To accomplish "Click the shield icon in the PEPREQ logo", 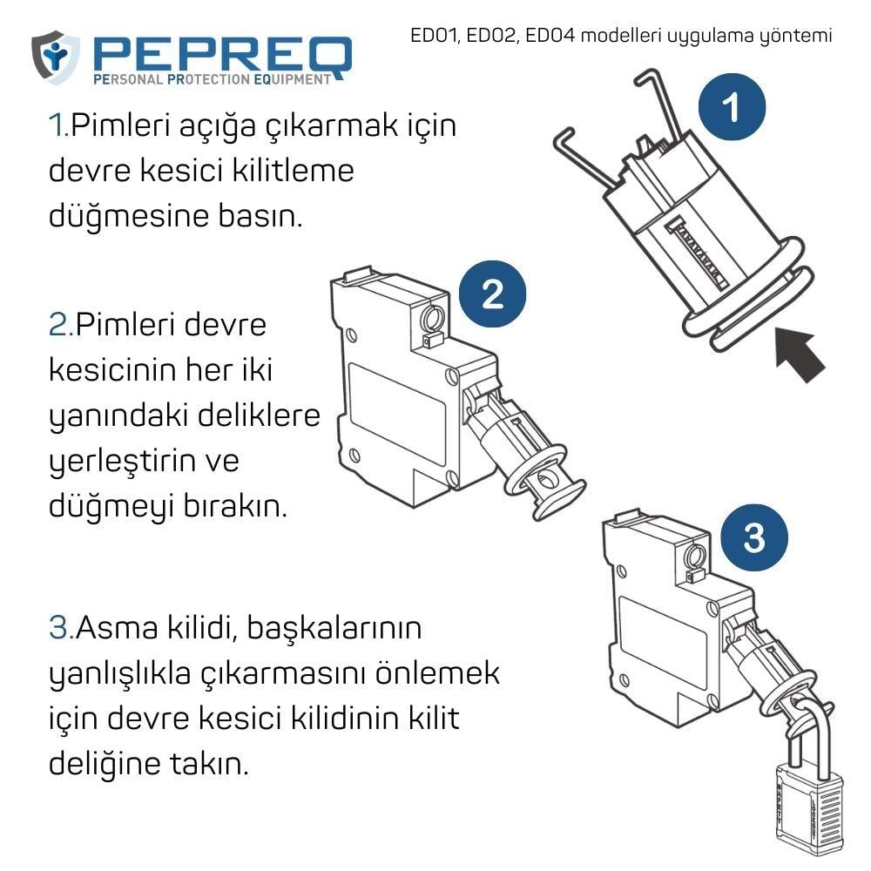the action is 55,57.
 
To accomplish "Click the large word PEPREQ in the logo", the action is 223,56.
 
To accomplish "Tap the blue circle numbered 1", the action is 732,106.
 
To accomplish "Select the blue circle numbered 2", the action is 492,294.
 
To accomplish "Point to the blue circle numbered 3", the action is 753,537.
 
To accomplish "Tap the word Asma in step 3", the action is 117,627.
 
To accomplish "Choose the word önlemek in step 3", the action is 438,672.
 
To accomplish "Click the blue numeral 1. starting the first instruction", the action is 59,125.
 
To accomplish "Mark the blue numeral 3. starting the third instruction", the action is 62,628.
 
